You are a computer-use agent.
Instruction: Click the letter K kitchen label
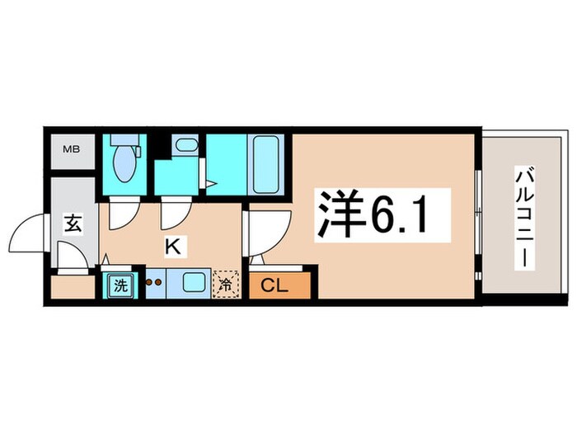pyautogui.click(x=173, y=245)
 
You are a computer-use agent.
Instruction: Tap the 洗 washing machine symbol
pyautogui.click(x=120, y=285)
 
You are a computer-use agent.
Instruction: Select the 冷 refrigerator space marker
pyautogui.click(x=225, y=285)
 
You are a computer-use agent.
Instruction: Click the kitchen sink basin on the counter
pyautogui.click(x=194, y=283)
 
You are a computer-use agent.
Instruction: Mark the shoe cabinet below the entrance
pyautogui.click(x=72, y=287)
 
